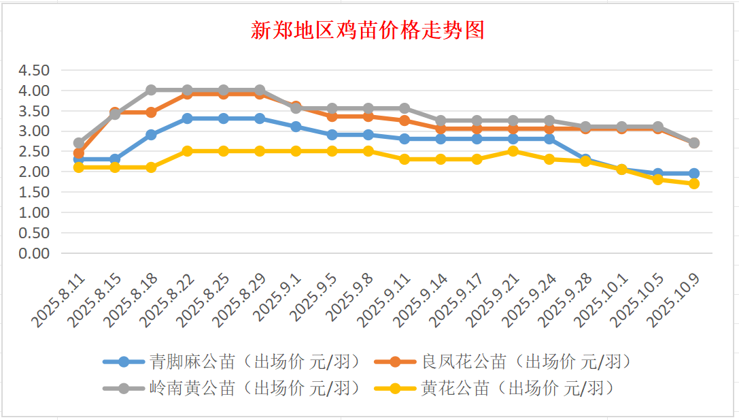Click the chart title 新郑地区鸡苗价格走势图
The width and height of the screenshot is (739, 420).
[368, 31]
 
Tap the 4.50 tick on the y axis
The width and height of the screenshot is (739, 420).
[34, 70]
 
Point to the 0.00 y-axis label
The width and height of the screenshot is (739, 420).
[34, 253]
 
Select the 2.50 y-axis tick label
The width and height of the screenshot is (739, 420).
[34, 151]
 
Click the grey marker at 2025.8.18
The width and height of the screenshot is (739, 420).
[151, 90]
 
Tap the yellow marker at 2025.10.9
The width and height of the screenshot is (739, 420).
[694, 184]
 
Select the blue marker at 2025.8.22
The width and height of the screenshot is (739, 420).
[187, 118]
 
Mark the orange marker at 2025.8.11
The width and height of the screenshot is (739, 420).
[79, 154]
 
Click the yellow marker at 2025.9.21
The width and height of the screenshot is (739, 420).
[513, 151]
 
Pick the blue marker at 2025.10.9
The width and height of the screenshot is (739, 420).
[694, 174]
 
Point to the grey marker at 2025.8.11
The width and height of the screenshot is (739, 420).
[79, 144]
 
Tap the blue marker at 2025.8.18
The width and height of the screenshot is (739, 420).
[151, 135]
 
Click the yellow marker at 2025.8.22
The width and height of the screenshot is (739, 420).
[187, 151]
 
